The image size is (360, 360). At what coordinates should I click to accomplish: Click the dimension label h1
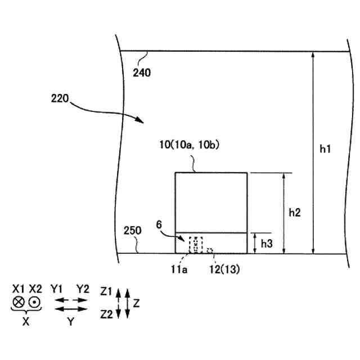[326, 149]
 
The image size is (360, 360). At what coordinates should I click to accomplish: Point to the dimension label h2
[295, 212]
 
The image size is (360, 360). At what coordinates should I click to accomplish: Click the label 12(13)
[224, 269]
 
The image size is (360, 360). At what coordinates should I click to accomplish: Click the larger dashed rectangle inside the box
[196, 245]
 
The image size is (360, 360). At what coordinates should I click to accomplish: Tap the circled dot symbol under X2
[35, 302]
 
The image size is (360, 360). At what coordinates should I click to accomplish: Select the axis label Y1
[56, 289]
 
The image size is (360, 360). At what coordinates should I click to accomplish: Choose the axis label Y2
[83, 289]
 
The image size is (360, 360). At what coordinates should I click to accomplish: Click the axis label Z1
[106, 292]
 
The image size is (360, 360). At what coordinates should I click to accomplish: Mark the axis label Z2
[106, 313]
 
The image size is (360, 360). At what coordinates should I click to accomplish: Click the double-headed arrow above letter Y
[70, 309]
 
